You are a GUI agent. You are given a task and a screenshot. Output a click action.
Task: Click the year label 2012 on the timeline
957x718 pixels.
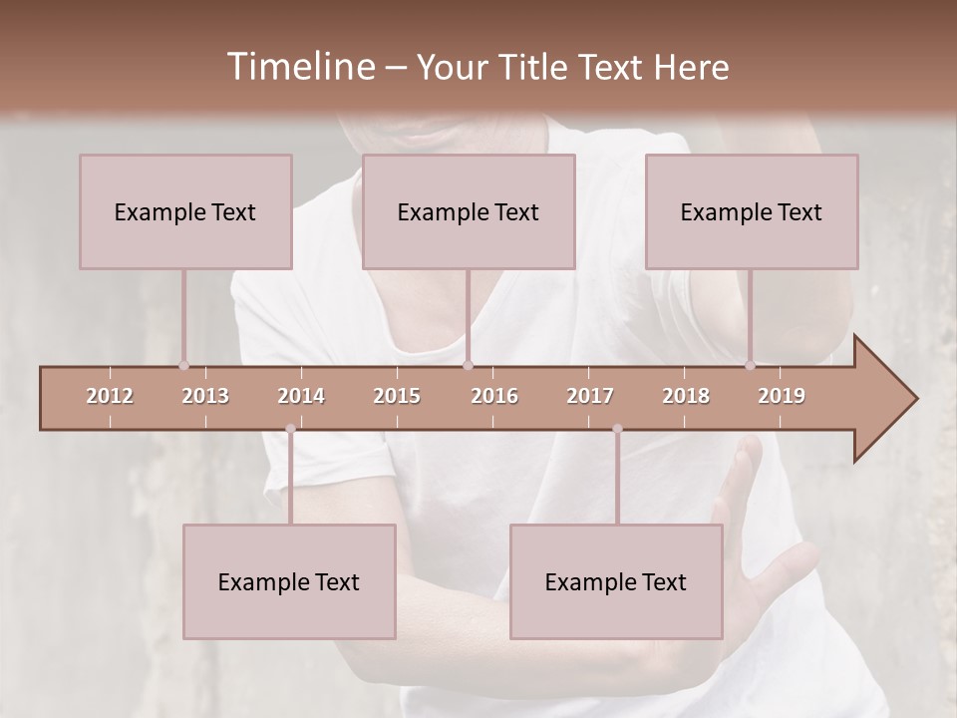(110, 396)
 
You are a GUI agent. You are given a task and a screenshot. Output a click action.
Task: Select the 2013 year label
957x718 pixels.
(205, 396)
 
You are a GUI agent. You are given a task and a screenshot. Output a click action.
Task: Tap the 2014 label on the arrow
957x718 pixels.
(301, 396)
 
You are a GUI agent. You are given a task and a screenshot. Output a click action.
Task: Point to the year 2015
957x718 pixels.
(397, 396)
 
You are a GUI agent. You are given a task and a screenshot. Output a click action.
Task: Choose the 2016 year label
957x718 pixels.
(494, 396)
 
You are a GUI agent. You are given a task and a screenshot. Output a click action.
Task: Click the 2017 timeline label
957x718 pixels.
(590, 396)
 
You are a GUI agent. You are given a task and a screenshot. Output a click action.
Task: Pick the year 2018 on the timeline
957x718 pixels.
(686, 396)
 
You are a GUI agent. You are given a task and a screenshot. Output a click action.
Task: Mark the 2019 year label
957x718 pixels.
(782, 396)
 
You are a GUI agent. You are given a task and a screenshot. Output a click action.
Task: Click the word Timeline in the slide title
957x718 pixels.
(298, 67)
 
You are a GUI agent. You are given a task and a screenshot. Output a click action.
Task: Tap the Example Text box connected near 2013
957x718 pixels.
(185, 211)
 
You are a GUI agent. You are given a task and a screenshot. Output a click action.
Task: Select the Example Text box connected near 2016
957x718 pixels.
(469, 211)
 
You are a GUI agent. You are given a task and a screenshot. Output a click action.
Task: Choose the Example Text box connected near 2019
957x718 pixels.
(752, 211)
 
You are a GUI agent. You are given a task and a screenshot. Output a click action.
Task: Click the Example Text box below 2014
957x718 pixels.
(289, 581)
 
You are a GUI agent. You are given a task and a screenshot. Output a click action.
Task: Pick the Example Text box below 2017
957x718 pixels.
(616, 581)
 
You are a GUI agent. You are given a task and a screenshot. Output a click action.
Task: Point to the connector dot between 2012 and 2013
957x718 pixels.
(183, 366)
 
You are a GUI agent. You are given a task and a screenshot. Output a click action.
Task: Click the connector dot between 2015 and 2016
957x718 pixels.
(468, 366)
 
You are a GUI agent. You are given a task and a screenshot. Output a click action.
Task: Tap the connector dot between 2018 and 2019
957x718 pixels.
(750, 366)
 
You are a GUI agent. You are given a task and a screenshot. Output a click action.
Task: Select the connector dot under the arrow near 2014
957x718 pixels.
(290, 429)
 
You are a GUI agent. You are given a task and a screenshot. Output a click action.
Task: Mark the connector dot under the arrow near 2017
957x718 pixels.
(617, 429)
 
